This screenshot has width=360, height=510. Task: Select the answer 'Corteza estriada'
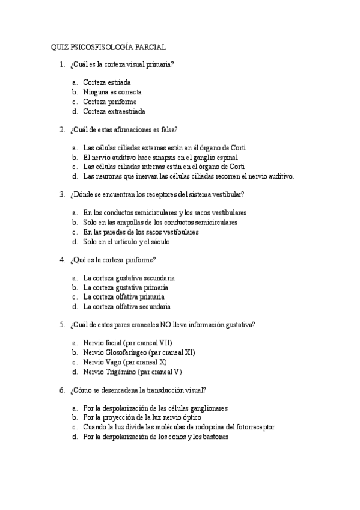[106, 82]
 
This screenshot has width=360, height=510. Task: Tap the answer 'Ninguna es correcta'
[112, 92]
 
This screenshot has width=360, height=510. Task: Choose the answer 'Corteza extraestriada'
[114, 111]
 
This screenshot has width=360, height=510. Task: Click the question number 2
[62, 129]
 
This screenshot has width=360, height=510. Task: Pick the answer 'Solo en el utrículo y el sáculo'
[126, 241]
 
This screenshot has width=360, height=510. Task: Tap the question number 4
[62, 259]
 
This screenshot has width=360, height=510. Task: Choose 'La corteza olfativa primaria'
[124, 296]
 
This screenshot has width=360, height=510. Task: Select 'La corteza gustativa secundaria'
[129, 278]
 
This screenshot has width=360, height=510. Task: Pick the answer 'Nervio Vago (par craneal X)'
[124, 362]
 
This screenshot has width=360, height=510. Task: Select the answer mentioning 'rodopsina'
[178, 427]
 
